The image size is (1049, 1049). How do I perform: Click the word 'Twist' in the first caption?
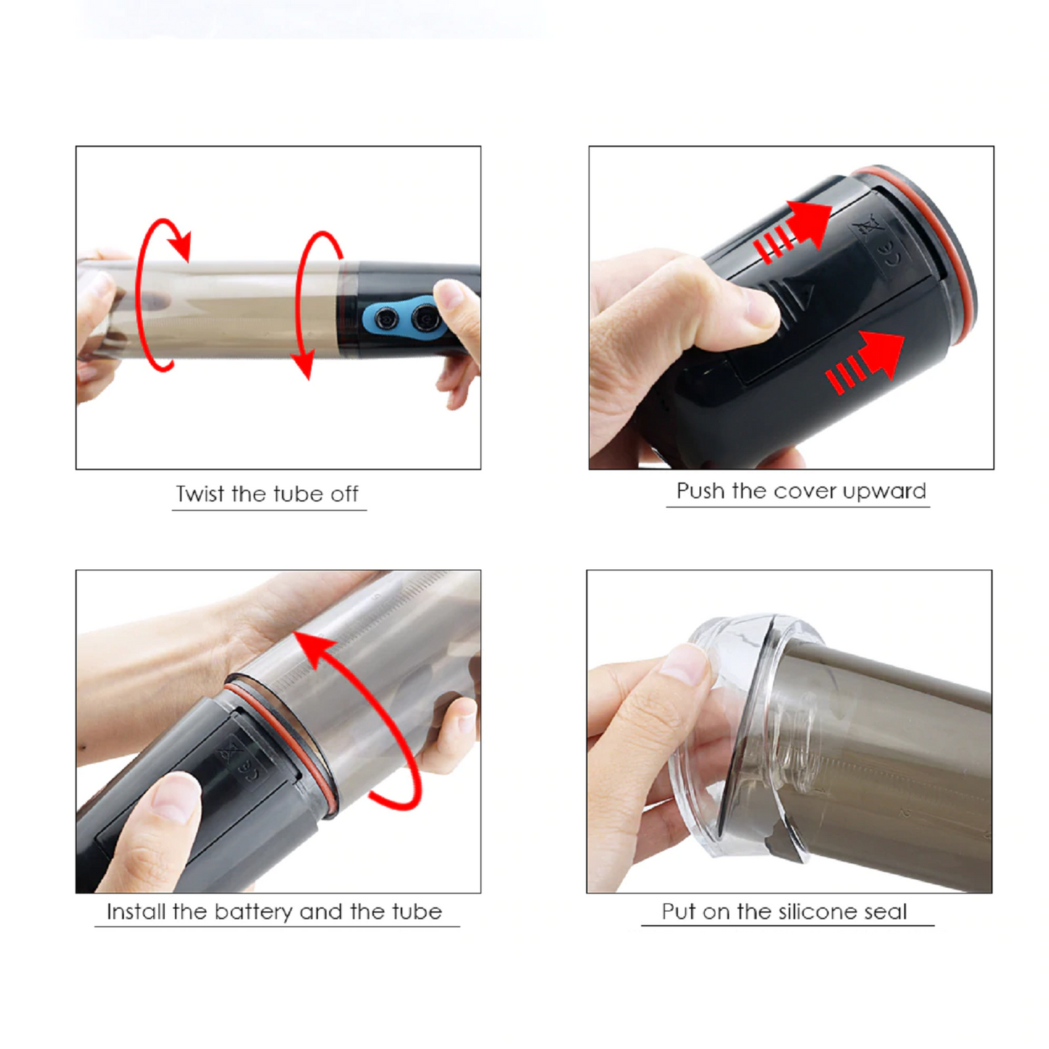[199, 494]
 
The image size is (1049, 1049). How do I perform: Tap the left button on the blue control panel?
[385, 318]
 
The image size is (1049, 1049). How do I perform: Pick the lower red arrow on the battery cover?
[865, 360]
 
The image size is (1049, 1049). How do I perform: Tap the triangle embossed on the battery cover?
[796, 295]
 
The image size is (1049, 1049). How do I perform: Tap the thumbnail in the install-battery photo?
[175, 799]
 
